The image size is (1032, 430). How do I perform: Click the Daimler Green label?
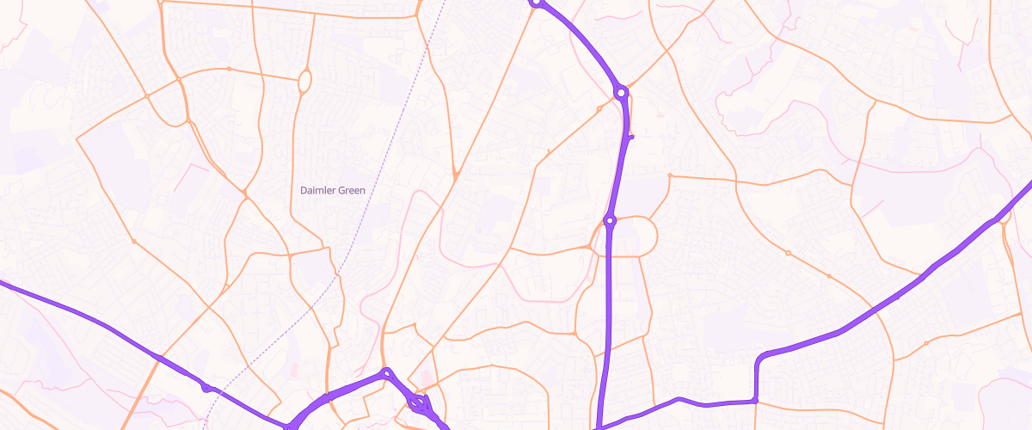tap(333, 190)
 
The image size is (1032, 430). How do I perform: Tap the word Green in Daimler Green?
tap(351, 190)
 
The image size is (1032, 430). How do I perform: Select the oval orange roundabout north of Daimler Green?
tap(304, 82)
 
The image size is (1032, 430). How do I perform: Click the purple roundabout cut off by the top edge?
tap(536, 3)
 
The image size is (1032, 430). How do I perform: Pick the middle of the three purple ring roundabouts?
tap(621, 91)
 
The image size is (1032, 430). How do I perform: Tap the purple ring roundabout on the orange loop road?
tap(610, 221)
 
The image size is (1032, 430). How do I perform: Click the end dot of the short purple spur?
tap(631, 136)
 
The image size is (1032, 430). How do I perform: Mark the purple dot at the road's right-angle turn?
tap(754, 400)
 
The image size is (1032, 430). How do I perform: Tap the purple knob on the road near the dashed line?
tap(206, 388)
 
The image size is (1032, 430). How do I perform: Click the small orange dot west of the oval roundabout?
tap(229, 69)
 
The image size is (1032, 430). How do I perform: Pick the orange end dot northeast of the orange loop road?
tap(669, 175)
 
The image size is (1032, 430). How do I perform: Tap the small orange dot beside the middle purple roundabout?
tap(599, 108)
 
